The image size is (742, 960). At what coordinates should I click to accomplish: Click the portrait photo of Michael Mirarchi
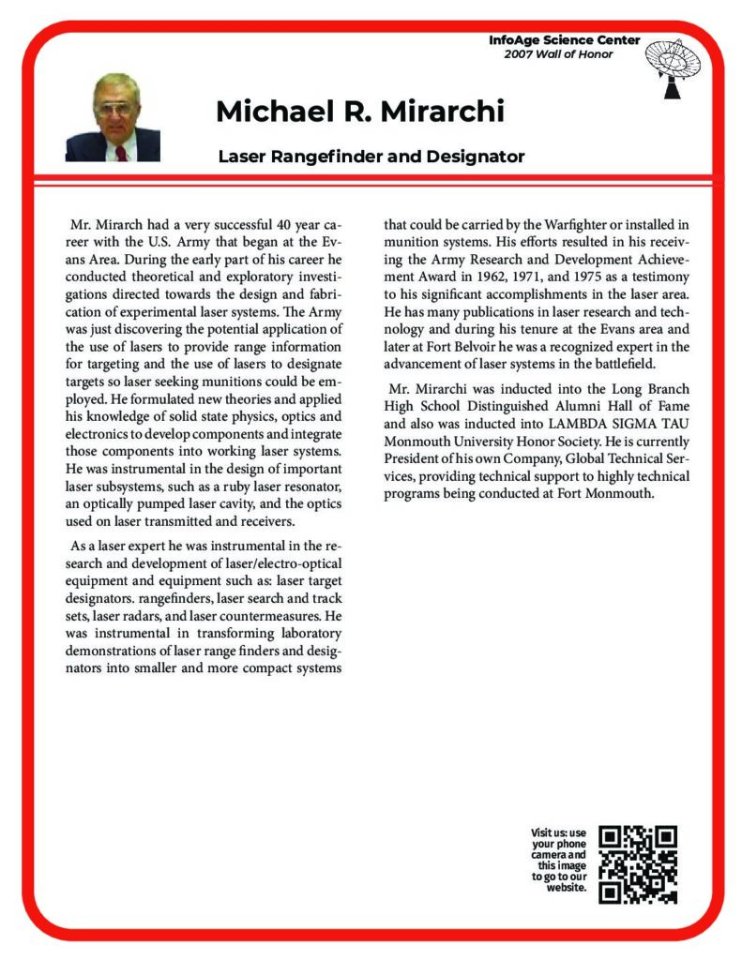click(113, 117)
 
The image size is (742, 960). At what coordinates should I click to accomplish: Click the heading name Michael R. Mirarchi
click(360, 112)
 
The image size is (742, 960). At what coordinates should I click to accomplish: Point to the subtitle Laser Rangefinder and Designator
click(371, 156)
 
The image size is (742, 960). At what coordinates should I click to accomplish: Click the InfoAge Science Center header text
click(565, 40)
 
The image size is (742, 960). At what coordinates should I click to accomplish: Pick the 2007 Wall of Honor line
click(558, 53)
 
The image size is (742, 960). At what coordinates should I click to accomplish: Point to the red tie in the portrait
click(121, 153)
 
